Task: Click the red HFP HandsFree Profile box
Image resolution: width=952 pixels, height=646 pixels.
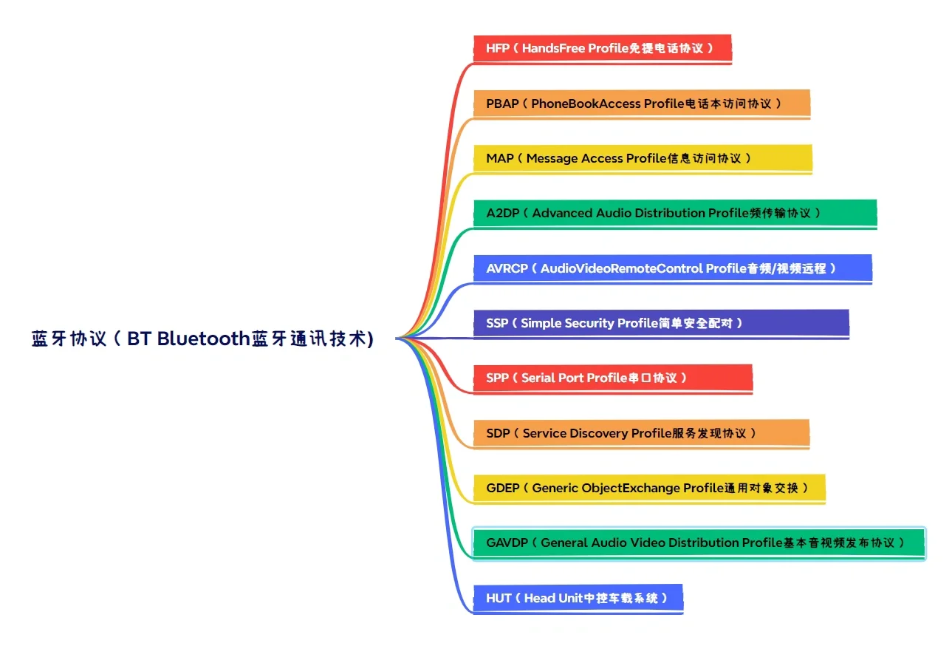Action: point(602,49)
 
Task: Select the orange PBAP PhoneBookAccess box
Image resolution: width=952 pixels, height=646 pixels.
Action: point(641,103)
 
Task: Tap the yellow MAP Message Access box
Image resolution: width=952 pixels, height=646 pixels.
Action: point(642,158)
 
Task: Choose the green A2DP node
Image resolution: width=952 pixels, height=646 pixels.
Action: point(674,213)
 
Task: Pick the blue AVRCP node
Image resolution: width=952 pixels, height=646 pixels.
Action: point(672,268)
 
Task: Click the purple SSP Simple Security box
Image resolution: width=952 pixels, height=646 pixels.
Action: point(661,323)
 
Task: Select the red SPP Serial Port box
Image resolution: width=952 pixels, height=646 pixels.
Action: point(612,378)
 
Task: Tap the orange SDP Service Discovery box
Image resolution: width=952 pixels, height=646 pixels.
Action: point(641,433)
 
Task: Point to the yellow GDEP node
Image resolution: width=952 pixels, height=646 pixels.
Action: point(648,488)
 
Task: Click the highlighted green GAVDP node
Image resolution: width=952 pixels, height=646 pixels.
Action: point(699,543)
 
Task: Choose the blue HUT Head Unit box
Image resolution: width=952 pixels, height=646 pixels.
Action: point(578,598)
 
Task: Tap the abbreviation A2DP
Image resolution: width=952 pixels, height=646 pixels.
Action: point(502,213)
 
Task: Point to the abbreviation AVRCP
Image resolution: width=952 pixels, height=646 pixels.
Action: point(507,268)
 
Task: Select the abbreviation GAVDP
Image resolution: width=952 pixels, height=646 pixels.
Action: point(507,543)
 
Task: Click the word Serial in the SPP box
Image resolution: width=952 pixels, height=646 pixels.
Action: point(538,378)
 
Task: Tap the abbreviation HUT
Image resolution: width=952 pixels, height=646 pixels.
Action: point(499,598)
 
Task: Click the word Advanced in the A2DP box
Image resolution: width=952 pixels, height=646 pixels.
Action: point(563,213)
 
